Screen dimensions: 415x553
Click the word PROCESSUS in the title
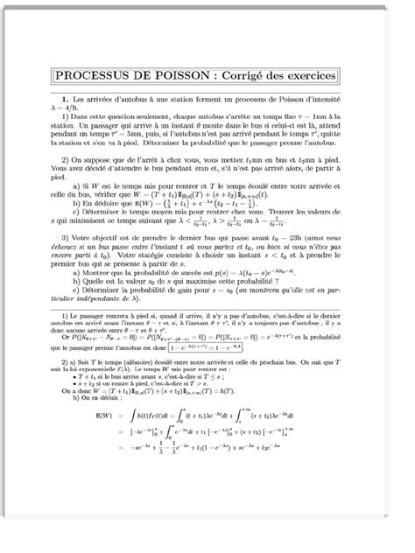95,76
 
